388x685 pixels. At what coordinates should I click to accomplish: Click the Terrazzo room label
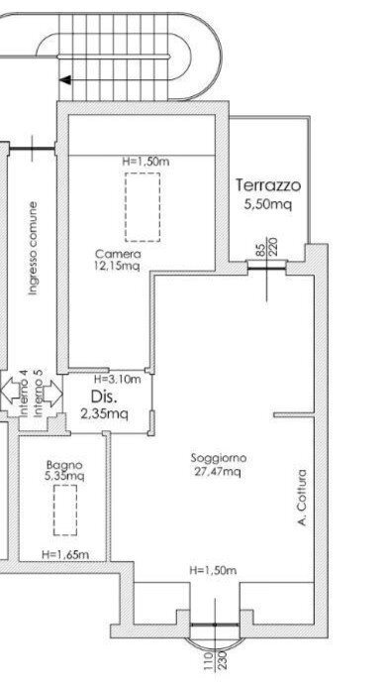[268, 185]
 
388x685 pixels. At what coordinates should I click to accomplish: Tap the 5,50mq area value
[267, 204]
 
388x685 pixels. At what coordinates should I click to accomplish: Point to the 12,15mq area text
[117, 265]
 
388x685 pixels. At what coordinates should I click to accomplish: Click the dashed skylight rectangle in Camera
[143, 207]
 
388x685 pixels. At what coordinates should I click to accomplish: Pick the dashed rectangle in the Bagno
[65, 510]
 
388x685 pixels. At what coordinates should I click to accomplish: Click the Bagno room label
[64, 465]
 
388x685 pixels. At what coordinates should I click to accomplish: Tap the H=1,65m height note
[65, 555]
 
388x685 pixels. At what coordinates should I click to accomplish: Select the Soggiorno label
[219, 458]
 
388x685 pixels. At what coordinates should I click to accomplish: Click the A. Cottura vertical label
[301, 498]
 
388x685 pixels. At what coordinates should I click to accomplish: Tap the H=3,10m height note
[117, 380]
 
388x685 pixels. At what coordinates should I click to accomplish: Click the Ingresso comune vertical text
[33, 248]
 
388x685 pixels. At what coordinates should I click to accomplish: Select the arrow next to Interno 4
[11, 391]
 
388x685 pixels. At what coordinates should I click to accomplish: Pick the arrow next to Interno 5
[53, 394]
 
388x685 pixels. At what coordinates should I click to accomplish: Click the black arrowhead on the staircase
[65, 80]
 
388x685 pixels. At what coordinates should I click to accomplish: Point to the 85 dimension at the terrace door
[260, 249]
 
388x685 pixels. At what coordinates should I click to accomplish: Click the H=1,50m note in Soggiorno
[213, 571]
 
